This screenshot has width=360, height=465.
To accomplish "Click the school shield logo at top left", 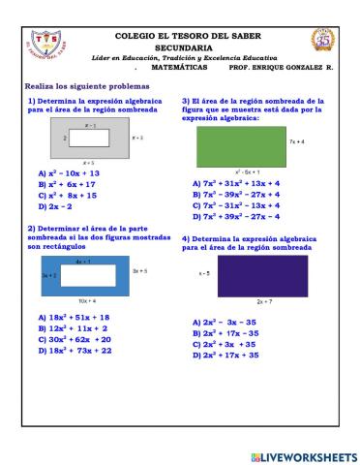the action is point(43,43).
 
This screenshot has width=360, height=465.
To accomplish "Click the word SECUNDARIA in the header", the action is point(183,46).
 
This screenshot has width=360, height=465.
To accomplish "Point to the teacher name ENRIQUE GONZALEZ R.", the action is point(295,69).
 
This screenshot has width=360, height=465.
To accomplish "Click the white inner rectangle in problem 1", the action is point(89,139).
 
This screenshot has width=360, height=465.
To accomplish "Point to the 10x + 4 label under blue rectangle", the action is point(87,301).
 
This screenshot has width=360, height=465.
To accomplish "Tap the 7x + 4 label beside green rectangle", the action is point(297,141).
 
